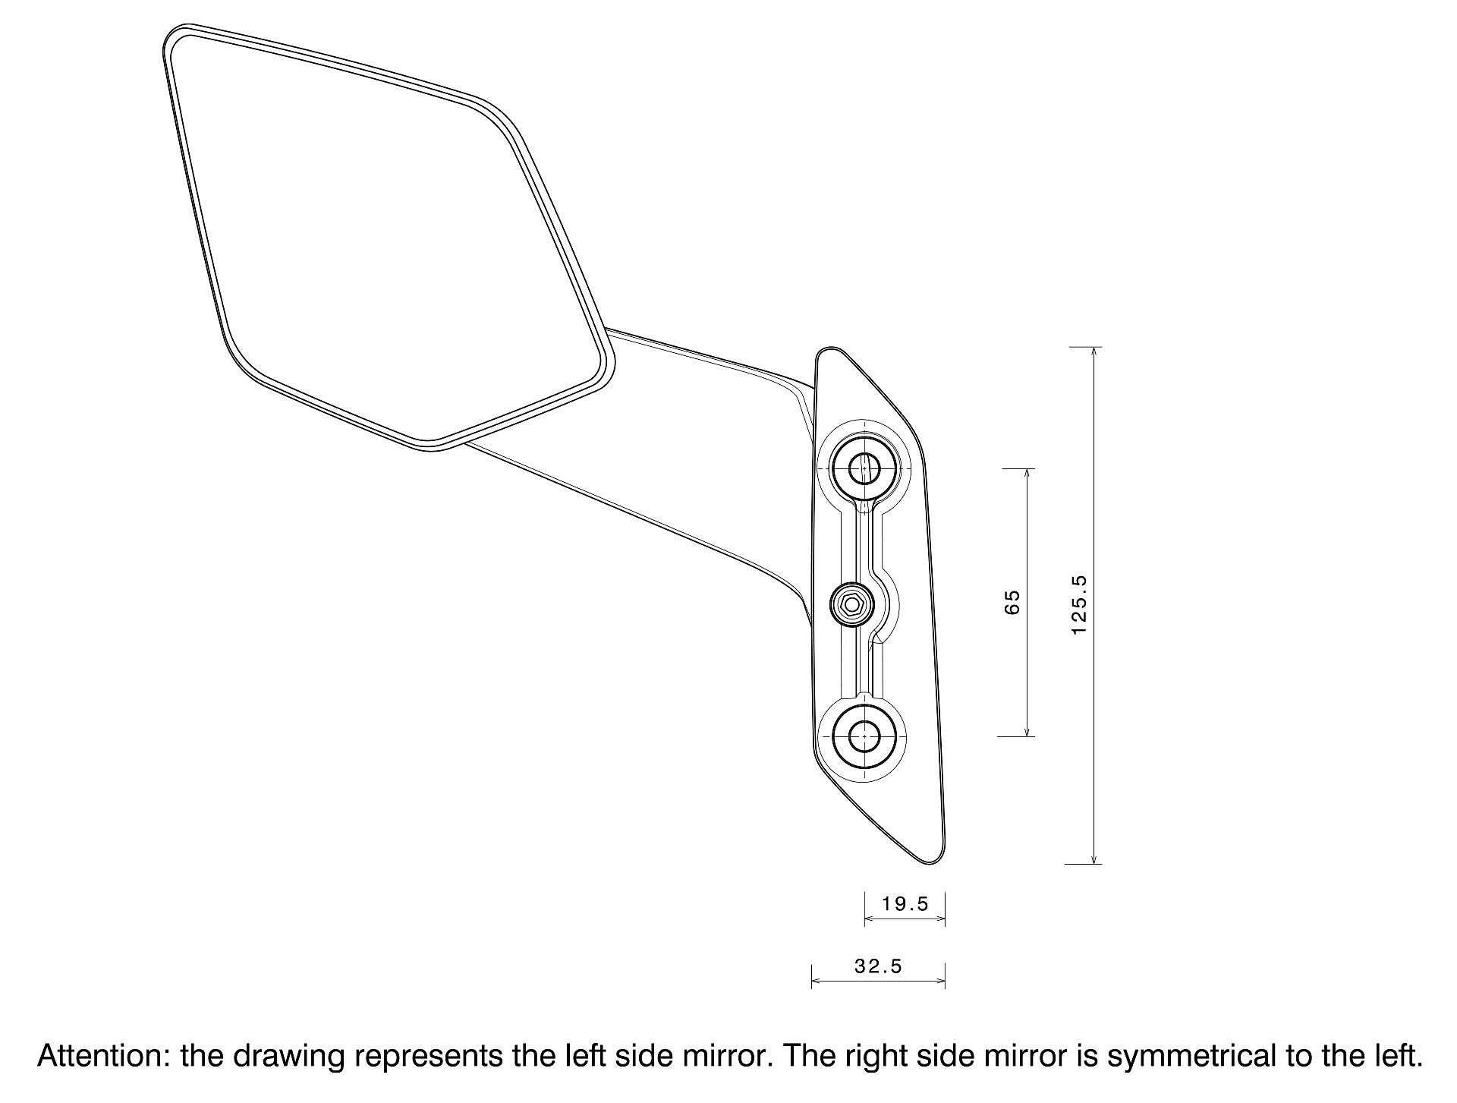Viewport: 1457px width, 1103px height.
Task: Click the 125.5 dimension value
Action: click(1080, 605)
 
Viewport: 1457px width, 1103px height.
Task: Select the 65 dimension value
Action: click(1012, 602)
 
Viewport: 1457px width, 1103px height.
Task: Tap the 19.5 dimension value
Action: click(905, 903)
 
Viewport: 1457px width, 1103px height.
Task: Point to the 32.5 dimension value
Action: click(878, 966)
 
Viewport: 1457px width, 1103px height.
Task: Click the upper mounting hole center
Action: click(864, 468)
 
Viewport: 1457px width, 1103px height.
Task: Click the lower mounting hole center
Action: click(864, 735)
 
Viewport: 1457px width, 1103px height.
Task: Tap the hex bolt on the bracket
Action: click(851, 605)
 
